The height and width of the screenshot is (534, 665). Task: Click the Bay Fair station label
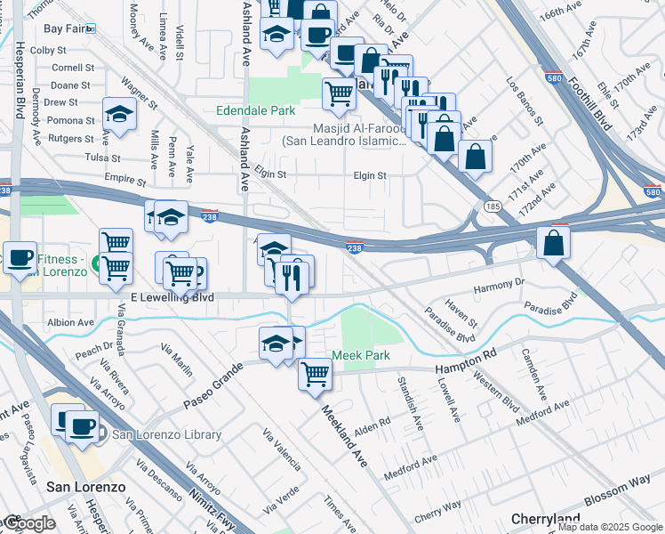click(63, 29)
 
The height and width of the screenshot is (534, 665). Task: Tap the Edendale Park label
click(255, 111)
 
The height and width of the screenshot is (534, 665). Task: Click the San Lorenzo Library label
click(166, 434)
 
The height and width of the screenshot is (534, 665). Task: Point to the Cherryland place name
click(546, 519)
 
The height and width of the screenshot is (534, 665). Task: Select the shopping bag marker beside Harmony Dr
click(554, 242)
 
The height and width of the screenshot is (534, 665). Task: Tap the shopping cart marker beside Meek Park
click(315, 374)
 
